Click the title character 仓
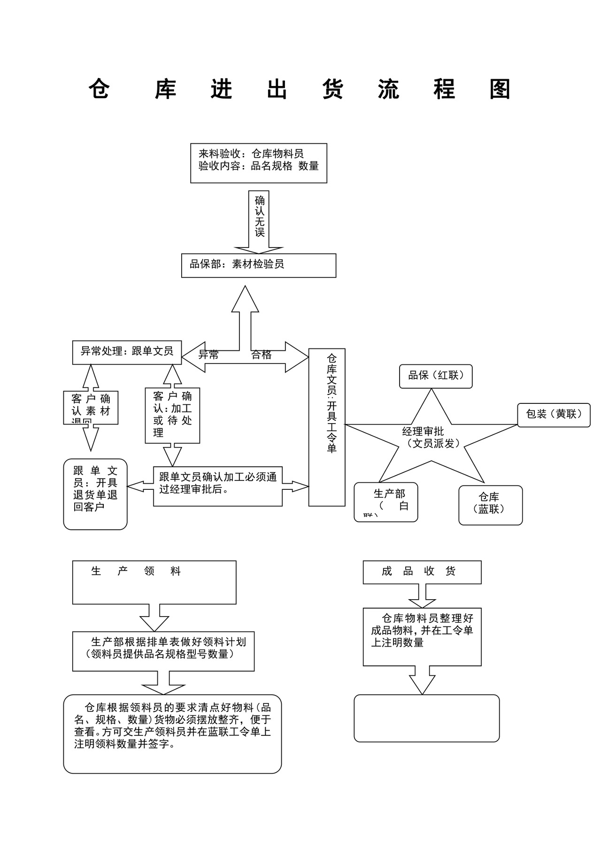point(99,89)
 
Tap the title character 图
point(500,89)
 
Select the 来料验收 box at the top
point(258,163)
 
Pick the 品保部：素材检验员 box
point(258,265)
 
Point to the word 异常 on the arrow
point(208,355)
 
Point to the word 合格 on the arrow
point(262,355)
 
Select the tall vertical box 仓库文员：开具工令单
point(327,427)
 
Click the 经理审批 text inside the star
point(423,431)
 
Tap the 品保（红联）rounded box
point(436,376)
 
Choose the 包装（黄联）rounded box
point(554,415)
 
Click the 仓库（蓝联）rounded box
point(490,505)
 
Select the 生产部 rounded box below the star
point(386,502)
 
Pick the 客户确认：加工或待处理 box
point(172,415)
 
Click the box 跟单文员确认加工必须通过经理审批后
point(218,486)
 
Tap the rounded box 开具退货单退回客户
point(95,494)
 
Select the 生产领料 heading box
point(154,582)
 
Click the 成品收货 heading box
point(422,572)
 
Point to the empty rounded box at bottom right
point(426,718)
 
